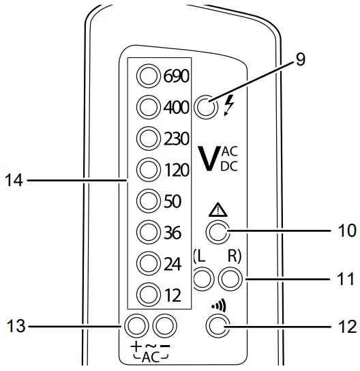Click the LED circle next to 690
pyautogui.click(x=148, y=75)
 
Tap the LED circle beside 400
pyautogui.click(x=148, y=106)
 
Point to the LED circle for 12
pyautogui.click(x=148, y=295)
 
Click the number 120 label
pyautogui.click(x=176, y=169)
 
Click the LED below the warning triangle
pyautogui.click(x=216, y=233)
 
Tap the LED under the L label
pyautogui.click(x=201, y=277)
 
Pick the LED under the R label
pyautogui.click(x=230, y=277)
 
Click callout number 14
pyautogui.click(x=14, y=181)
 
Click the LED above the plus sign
pyautogui.click(x=136, y=323)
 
